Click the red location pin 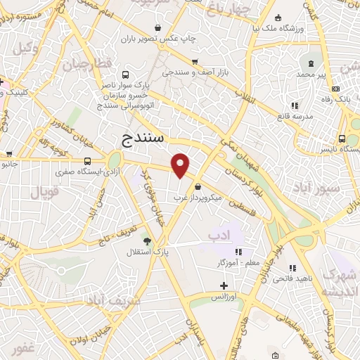[x=181, y=165]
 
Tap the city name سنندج [x=143, y=137]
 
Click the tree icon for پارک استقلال [x=147, y=240]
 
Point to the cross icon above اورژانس [x=224, y=286]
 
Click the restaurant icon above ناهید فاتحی [x=292, y=268]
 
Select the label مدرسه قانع [x=295, y=117]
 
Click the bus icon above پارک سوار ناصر [x=125, y=75]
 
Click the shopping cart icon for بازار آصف [x=194, y=62]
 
